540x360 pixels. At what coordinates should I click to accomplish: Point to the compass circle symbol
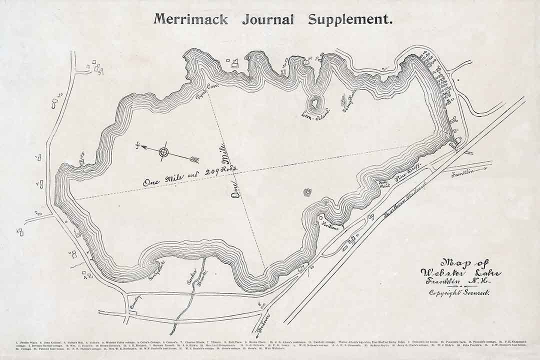(163, 152)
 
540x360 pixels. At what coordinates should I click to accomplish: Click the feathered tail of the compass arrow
(194, 159)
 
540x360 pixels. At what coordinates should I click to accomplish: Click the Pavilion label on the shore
(331, 225)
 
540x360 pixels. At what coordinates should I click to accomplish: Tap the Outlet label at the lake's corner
(453, 147)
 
